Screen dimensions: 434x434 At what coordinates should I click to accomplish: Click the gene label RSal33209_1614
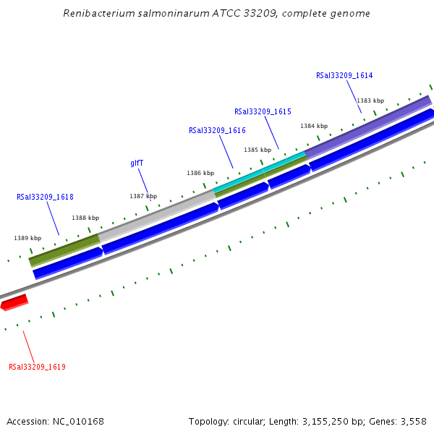pos(344,75)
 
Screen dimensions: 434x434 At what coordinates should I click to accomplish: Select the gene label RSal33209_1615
pos(263,111)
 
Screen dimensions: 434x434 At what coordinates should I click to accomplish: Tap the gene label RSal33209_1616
pos(217,130)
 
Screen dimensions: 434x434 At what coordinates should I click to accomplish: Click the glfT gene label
pos(137,163)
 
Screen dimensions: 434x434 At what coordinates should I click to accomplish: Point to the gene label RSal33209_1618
pos(45,197)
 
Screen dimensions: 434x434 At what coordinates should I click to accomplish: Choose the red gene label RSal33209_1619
pos(37,367)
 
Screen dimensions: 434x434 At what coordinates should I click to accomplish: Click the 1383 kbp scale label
pos(370,101)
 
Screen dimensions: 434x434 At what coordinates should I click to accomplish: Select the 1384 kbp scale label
pos(314,126)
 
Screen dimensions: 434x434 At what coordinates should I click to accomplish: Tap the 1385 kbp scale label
pos(257,150)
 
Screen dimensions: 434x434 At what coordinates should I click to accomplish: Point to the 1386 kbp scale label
pos(200,173)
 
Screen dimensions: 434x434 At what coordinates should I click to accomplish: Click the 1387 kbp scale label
pos(143,196)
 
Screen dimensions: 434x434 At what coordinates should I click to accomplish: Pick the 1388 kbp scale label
pos(85,218)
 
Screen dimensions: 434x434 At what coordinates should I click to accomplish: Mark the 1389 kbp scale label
pos(27,238)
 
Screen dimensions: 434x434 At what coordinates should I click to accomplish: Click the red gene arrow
pos(14,302)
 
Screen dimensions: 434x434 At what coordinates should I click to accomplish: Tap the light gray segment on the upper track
pos(156,214)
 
